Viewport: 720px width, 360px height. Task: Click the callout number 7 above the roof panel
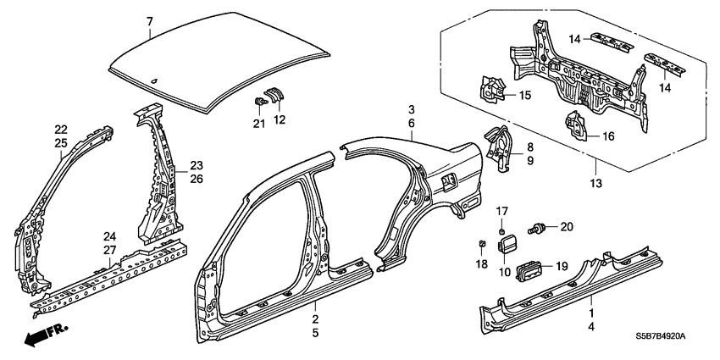[150, 19]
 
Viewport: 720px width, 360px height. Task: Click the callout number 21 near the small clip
[259, 124]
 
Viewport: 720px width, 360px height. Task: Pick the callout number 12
[280, 119]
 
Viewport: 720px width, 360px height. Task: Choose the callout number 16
[607, 135]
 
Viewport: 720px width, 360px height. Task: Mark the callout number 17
[501, 212]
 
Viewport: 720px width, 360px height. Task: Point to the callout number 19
[562, 266]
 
